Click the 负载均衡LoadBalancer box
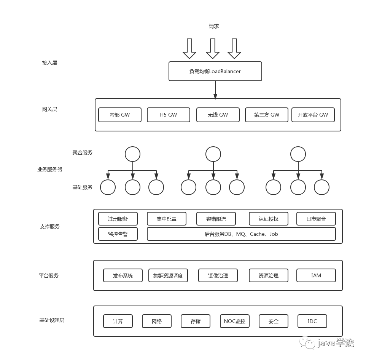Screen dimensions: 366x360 pos(215,71)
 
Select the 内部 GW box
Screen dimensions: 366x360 pos(119,115)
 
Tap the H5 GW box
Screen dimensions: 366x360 pos(168,115)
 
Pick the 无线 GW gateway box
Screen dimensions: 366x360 pos(218,115)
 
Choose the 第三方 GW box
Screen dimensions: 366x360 pos(266,115)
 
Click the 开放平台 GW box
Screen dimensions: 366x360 pos(313,115)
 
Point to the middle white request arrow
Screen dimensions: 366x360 pos(212,49)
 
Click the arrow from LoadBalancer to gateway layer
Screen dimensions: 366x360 pos(215,90)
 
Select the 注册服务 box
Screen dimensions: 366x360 pos(118,219)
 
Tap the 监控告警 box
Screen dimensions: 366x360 pos(118,234)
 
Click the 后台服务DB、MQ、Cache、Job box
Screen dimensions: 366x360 pos(241,234)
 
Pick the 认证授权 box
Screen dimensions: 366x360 pos(268,219)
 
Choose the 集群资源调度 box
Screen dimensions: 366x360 pos(168,275)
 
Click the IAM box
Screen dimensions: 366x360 pos(316,275)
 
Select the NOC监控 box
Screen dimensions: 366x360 pos(234,321)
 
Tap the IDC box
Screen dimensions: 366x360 pos(312,321)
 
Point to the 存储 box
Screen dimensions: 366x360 pos(196,321)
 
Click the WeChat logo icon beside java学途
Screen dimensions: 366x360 pos(307,342)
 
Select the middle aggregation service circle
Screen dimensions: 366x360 pos(213,154)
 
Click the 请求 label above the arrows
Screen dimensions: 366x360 pos(214,26)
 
